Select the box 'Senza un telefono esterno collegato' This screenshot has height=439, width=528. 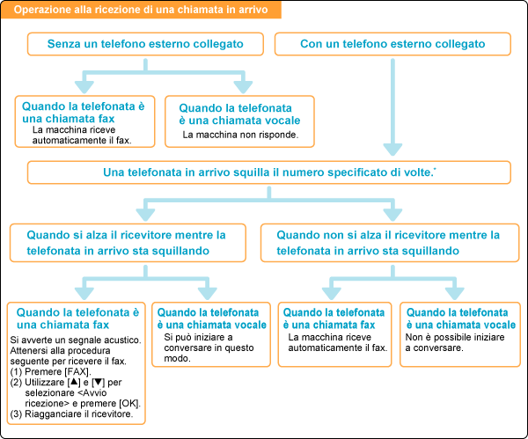pyautogui.click(x=145, y=43)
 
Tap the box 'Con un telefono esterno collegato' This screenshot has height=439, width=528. pyautogui.click(x=392, y=43)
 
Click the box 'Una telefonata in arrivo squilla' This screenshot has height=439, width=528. pyautogui.click(x=268, y=172)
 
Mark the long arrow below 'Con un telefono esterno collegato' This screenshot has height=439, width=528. pyautogui.click(x=393, y=106)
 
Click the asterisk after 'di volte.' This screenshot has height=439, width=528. pyautogui.click(x=436, y=169)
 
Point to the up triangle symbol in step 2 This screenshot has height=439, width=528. pyautogui.click(x=78, y=383)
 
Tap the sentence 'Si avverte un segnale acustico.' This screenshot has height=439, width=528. pyautogui.click(x=75, y=340)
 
